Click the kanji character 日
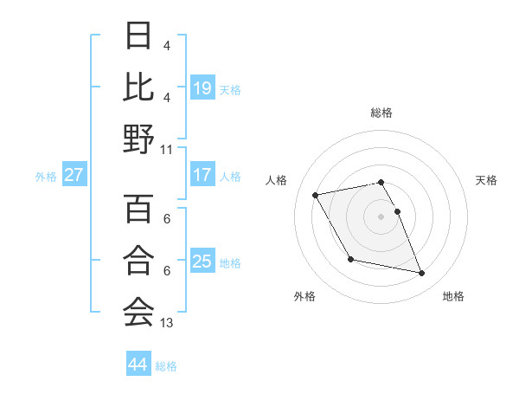pyautogui.click(x=139, y=36)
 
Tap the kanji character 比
pyautogui.click(x=139, y=87)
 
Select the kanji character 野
pyautogui.click(x=139, y=139)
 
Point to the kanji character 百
pyautogui.click(x=139, y=209)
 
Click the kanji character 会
pyautogui.click(x=139, y=311)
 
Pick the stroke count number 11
pyautogui.click(x=167, y=149)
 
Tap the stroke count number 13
pyautogui.click(x=167, y=323)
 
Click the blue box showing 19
pyautogui.click(x=202, y=87)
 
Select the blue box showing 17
pyautogui.click(x=202, y=175)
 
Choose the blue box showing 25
pyautogui.click(x=202, y=262)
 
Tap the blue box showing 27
pyautogui.click(x=74, y=175)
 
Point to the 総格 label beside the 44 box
pyautogui.click(x=166, y=366)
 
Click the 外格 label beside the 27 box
pyautogui.click(x=46, y=176)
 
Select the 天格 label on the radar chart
pyautogui.click(x=487, y=180)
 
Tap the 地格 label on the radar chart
pyautogui.click(x=453, y=296)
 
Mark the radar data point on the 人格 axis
pyautogui.click(x=316, y=194)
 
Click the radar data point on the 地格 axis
pyautogui.click(x=422, y=274)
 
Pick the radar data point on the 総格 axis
pyautogui.click(x=381, y=182)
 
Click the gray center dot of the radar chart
pyautogui.click(x=381, y=216)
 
